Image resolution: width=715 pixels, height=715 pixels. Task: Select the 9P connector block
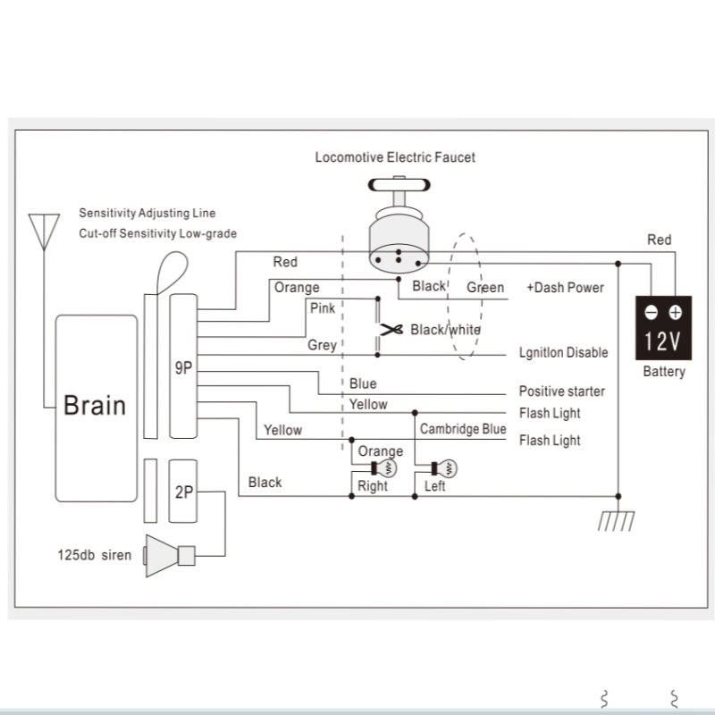click(x=183, y=366)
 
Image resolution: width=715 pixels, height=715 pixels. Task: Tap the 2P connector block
click(x=183, y=491)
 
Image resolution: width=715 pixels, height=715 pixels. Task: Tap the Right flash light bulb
click(x=390, y=467)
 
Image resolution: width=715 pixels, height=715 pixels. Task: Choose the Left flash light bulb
click(x=443, y=467)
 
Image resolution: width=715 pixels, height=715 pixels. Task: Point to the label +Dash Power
click(x=565, y=288)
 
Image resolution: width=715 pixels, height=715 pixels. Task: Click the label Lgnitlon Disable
click(x=563, y=352)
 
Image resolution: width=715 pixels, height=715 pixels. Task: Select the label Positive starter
click(x=561, y=391)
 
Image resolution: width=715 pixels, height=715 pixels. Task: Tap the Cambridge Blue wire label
click(x=463, y=429)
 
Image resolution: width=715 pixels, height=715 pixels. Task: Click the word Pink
click(x=322, y=308)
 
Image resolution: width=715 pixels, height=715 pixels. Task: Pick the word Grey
click(x=322, y=345)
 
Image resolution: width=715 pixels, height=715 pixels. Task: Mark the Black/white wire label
click(x=445, y=330)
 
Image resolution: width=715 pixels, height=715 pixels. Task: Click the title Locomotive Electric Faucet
click(x=395, y=157)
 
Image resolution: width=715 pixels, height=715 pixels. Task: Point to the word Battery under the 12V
click(x=663, y=372)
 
